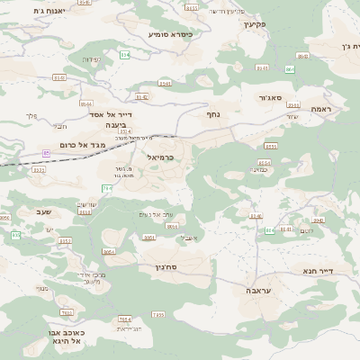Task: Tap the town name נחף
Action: coord(213,114)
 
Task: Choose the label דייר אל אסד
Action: coord(112,115)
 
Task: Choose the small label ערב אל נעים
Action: coord(157,214)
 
